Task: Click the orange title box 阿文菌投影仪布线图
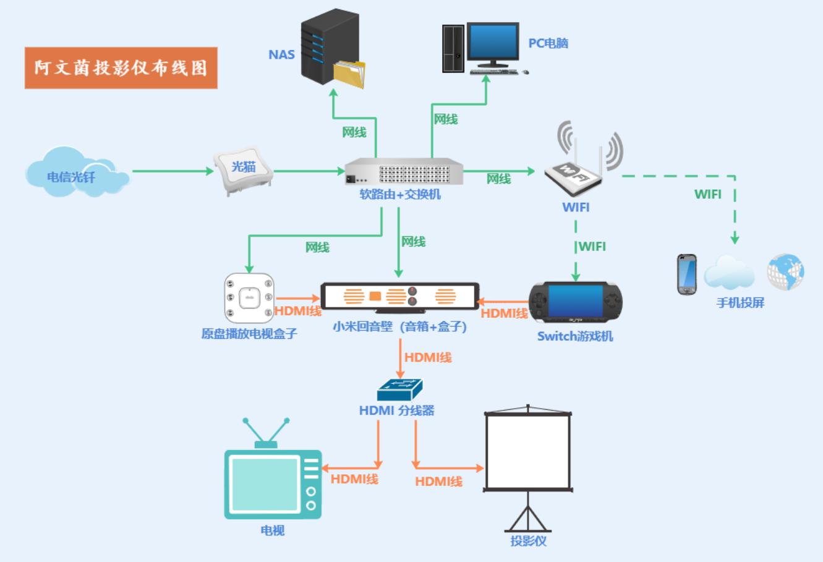[121, 67]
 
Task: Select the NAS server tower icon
[330, 48]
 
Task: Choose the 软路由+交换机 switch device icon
[404, 172]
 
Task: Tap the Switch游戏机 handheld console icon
[575, 302]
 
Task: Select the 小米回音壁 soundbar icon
[399, 296]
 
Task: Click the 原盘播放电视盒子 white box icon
[249, 298]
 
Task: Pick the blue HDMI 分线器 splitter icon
[399, 390]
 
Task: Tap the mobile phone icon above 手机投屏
[686, 274]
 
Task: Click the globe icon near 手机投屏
[785, 272]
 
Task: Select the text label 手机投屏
[740, 303]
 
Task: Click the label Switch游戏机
[575, 336]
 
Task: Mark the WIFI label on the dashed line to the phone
[707, 194]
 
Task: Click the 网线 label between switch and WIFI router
[498, 179]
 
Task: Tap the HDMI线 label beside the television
[354, 479]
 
